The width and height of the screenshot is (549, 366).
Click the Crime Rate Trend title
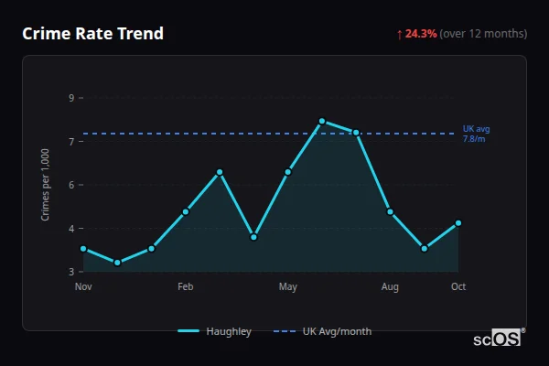pyautogui.click(x=92, y=34)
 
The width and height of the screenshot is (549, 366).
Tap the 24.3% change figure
pyautogui.click(x=420, y=34)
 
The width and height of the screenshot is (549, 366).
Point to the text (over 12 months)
pyautogui.click(x=483, y=34)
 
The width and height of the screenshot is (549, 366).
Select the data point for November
pyautogui.click(x=83, y=249)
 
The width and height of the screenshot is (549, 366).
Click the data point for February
pyautogui.click(x=186, y=211)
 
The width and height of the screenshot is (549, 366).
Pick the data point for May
pyautogui.click(x=288, y=171)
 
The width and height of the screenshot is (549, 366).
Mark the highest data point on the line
pyautogui.click(x=322, y=121)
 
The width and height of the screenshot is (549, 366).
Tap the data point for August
pyautogui.click(x=390, y=211)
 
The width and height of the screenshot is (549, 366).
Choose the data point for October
pyautogui.click(x=458, y=223)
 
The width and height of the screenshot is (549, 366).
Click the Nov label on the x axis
pyautogui.click(x=83, y=287)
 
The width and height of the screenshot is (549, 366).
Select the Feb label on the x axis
pyautogui.click(x=186, y=287)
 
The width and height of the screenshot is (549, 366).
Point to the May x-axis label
pyautogui.click(x=288, y=287)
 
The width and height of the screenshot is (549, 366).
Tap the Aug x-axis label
pyautogui.click(x=390, y=287)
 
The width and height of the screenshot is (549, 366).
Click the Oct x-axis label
pyautogui.click(x=458, y=287)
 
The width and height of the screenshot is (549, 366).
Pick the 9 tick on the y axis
pyautogui.click(x=71, y=98)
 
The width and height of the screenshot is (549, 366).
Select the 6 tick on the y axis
pyautogui.click(x=71, y=185)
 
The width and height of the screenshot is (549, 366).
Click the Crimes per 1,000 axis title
pyautogui.click(x=46, y=184)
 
